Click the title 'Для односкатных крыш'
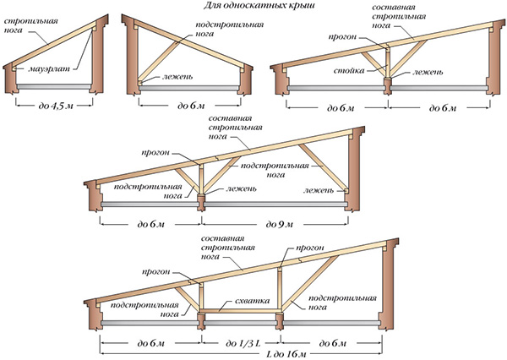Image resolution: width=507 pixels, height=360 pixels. pos(259,6)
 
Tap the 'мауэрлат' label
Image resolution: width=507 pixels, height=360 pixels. pos(49,69)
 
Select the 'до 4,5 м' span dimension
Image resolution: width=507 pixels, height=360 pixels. pos(56,106)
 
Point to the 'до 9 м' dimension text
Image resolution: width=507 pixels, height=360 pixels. pos(280,224)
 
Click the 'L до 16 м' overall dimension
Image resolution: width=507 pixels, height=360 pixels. pos(286,353)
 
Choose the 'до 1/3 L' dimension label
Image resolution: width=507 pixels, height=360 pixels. pos(243,343)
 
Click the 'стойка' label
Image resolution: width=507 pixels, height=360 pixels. pos(349,70)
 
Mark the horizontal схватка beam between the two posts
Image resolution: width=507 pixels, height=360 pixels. pos(240,311)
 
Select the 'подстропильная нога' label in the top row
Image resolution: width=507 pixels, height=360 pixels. pos(230,29)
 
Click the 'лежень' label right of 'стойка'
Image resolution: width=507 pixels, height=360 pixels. pos(428,72)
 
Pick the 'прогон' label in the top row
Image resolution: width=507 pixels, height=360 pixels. pos(342,37)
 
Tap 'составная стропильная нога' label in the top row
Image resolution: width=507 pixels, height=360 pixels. pos(399,16)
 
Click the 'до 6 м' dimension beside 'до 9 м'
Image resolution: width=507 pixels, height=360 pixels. pos(150,224)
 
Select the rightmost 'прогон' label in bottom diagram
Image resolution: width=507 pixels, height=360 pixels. pos(310,248)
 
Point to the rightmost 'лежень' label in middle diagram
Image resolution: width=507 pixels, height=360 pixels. pos(319,190)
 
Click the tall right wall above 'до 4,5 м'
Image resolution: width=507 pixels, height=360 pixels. pos(99,56)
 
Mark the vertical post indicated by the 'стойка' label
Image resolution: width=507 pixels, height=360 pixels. pos(388,63)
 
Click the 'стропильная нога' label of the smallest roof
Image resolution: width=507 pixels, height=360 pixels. pos(31,25)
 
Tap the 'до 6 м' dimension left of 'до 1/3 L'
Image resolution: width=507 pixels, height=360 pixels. pos(150,343)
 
